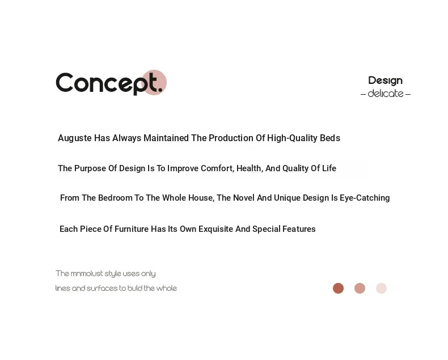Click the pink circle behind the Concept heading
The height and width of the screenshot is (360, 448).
(154, 82)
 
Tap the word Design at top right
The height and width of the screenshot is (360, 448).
(385, 81)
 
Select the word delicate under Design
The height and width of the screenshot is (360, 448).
(386, 94)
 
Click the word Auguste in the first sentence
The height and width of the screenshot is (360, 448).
(75, 138)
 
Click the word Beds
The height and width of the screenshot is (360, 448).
(330, 138)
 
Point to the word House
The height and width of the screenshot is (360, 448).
(201, 198)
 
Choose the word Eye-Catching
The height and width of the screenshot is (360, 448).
(365, 198)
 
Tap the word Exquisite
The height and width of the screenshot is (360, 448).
(215, 229)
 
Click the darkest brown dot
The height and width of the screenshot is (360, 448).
(339, 289)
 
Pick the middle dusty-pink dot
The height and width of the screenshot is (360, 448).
(360, 289)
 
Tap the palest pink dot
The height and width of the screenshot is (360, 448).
(381, 289)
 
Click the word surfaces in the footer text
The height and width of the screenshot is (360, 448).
(102, 289)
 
